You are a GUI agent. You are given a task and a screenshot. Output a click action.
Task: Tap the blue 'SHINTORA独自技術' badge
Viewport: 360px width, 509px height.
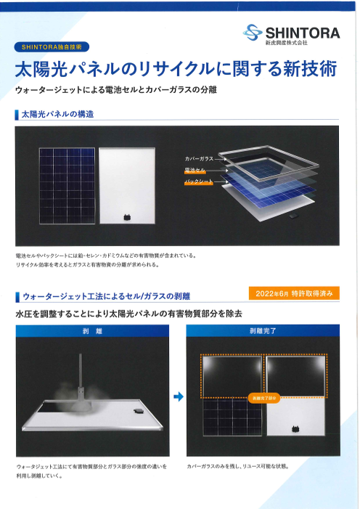(51, 46)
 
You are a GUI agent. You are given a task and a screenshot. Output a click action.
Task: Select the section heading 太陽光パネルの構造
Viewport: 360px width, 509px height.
(58, 115)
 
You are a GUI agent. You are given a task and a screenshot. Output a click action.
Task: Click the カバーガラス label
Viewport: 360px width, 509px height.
(199, 158)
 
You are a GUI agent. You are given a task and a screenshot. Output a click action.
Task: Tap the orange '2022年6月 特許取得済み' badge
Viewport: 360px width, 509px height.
(292, 293)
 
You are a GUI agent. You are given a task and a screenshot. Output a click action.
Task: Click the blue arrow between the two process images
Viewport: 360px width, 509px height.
(177, 396)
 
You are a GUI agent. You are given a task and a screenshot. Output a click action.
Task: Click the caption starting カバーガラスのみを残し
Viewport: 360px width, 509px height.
(238, 465)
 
